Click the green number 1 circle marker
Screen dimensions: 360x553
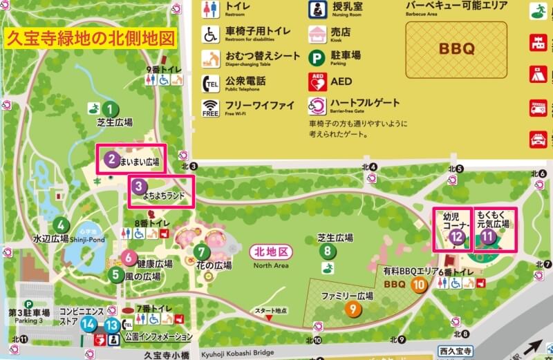109,108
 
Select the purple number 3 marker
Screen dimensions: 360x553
139,186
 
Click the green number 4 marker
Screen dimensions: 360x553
62,224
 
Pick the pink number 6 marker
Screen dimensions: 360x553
129,258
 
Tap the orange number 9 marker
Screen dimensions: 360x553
354,309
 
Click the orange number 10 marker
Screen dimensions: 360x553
418,284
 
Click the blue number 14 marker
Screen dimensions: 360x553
88,323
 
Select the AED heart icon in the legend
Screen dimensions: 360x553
318,82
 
